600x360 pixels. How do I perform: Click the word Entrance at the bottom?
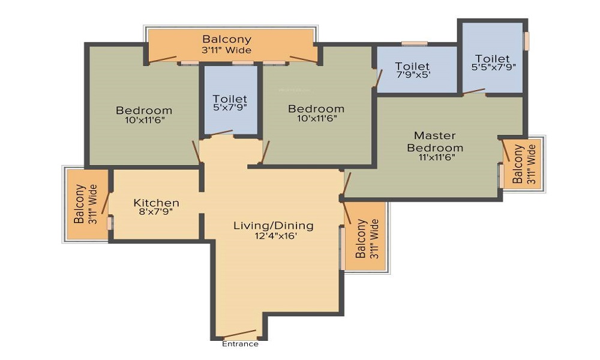240,344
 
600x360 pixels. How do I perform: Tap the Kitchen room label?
156,203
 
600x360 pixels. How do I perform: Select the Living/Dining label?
273,226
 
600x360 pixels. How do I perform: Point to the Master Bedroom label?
435,142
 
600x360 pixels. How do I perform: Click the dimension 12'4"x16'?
273,236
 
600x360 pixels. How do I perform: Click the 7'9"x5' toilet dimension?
412,76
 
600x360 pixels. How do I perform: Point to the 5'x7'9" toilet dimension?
230,108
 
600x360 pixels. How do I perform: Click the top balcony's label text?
226,40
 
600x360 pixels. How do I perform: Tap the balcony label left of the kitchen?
85,203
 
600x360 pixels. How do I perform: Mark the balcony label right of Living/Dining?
367,238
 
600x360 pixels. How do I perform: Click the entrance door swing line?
239,334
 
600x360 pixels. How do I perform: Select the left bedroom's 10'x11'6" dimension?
144,119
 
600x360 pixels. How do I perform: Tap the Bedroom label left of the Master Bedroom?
316,109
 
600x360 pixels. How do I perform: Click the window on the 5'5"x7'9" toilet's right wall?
526,41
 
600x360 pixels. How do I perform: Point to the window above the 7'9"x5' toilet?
414,43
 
